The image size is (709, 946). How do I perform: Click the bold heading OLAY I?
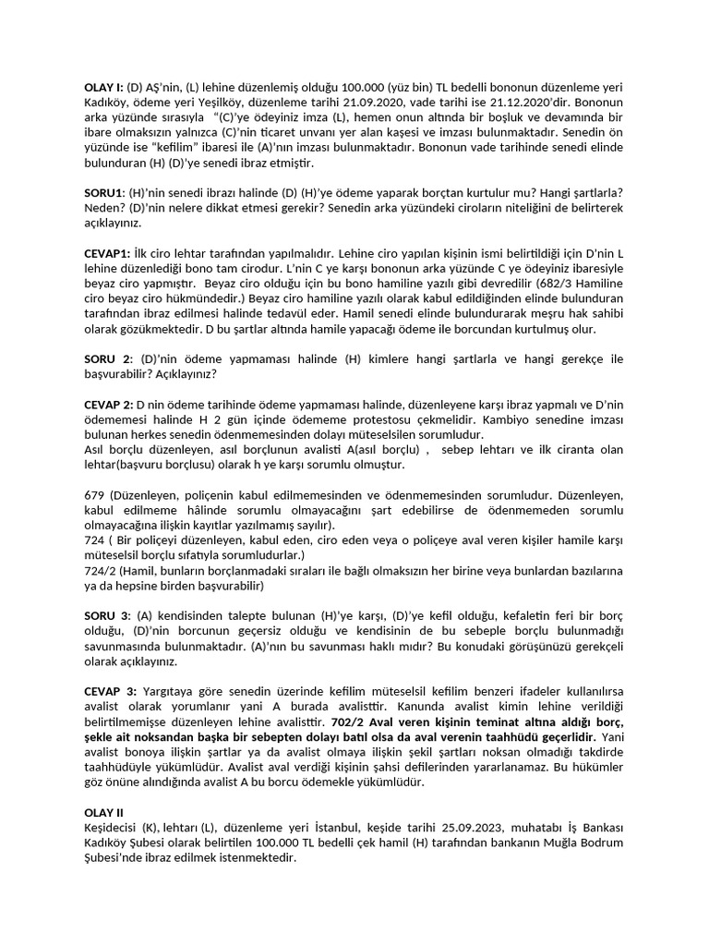(x=105, y=85)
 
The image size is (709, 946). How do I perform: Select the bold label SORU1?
(x=105, y=191)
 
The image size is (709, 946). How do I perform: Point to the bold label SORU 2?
(x=109, y=358)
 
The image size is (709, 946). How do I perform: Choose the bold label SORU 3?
(x=108, y=615)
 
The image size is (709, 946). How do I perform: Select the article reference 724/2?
(x=101, y=570)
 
